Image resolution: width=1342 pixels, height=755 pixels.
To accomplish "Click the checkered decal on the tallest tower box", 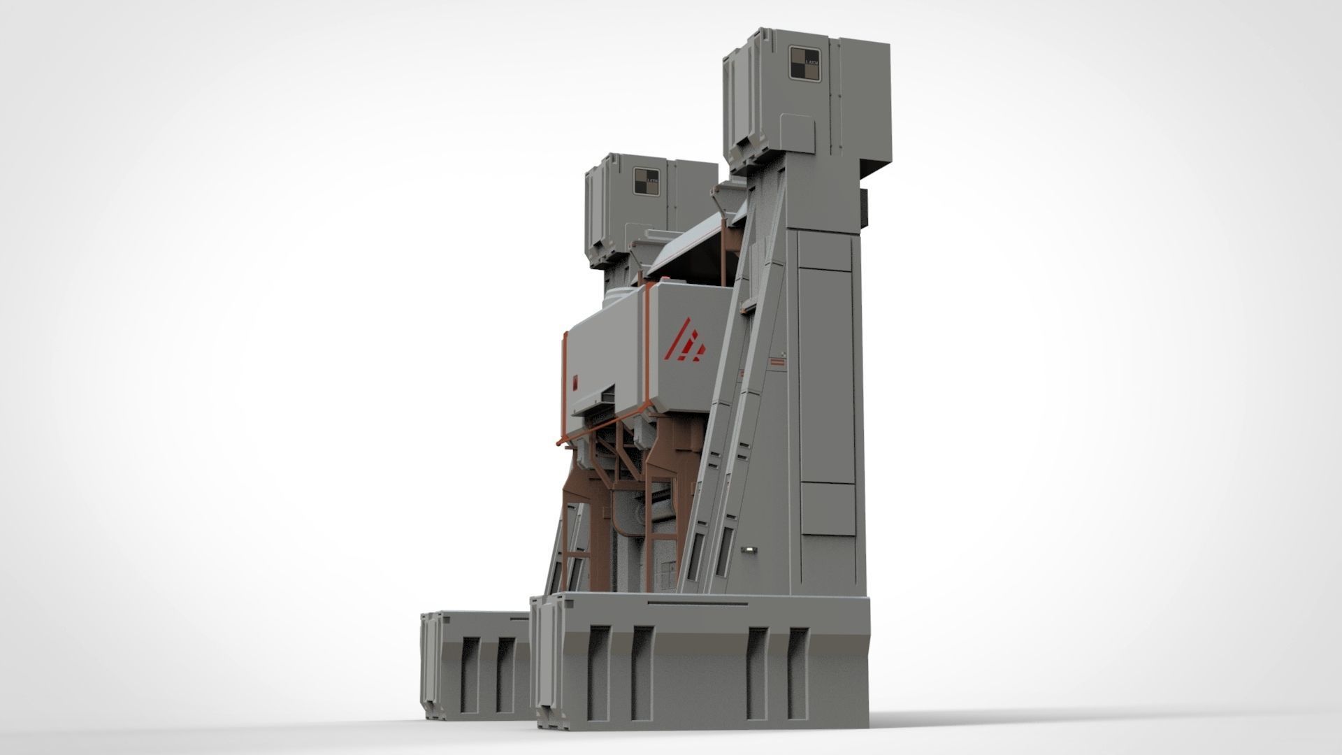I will click(804, 64).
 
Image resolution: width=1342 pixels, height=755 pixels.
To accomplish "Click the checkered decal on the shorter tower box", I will click(647, 181).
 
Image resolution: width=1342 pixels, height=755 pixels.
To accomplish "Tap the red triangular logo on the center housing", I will click(686, 340).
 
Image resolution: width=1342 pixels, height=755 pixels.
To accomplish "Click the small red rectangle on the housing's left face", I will click(575, 382).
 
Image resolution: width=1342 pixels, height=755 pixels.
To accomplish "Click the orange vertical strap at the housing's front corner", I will click(649, 350).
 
